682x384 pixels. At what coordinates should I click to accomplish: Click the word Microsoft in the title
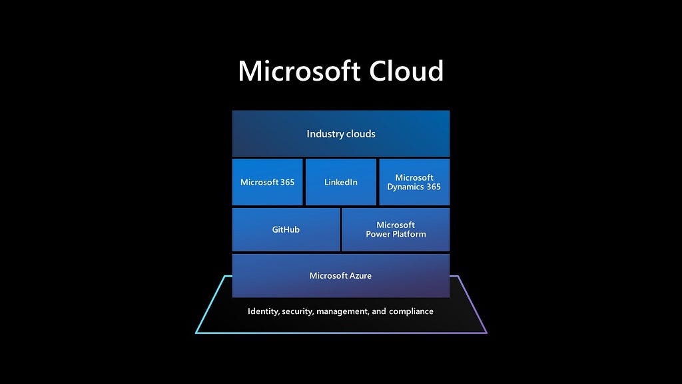click(299, 71)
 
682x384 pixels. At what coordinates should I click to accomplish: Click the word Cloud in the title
click(407, 71)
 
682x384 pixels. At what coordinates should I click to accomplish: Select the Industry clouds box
click(341, 133)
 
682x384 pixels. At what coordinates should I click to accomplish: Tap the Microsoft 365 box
click(268, 182)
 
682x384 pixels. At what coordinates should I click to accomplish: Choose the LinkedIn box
click(341, 182)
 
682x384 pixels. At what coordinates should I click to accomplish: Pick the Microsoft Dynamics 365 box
click(414, 182)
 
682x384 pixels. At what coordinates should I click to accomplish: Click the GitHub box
click(286, 229)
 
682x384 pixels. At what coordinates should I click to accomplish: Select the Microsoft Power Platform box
click(396, 229)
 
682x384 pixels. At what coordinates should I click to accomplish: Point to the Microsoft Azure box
click(341, 275)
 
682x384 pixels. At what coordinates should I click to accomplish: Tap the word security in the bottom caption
click(298, 312)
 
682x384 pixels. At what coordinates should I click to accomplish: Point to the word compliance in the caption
click(411, 312)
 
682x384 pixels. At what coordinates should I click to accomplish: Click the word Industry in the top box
click(322, 134)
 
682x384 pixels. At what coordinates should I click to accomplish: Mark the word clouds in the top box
click(358, 133)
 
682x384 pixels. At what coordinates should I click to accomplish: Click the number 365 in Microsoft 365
click(288, 182)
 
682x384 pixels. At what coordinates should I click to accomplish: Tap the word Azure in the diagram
click(359, 275)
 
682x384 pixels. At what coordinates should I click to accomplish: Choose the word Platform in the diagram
click(409, 234)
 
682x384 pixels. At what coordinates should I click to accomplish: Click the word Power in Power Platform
click(378, 234)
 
